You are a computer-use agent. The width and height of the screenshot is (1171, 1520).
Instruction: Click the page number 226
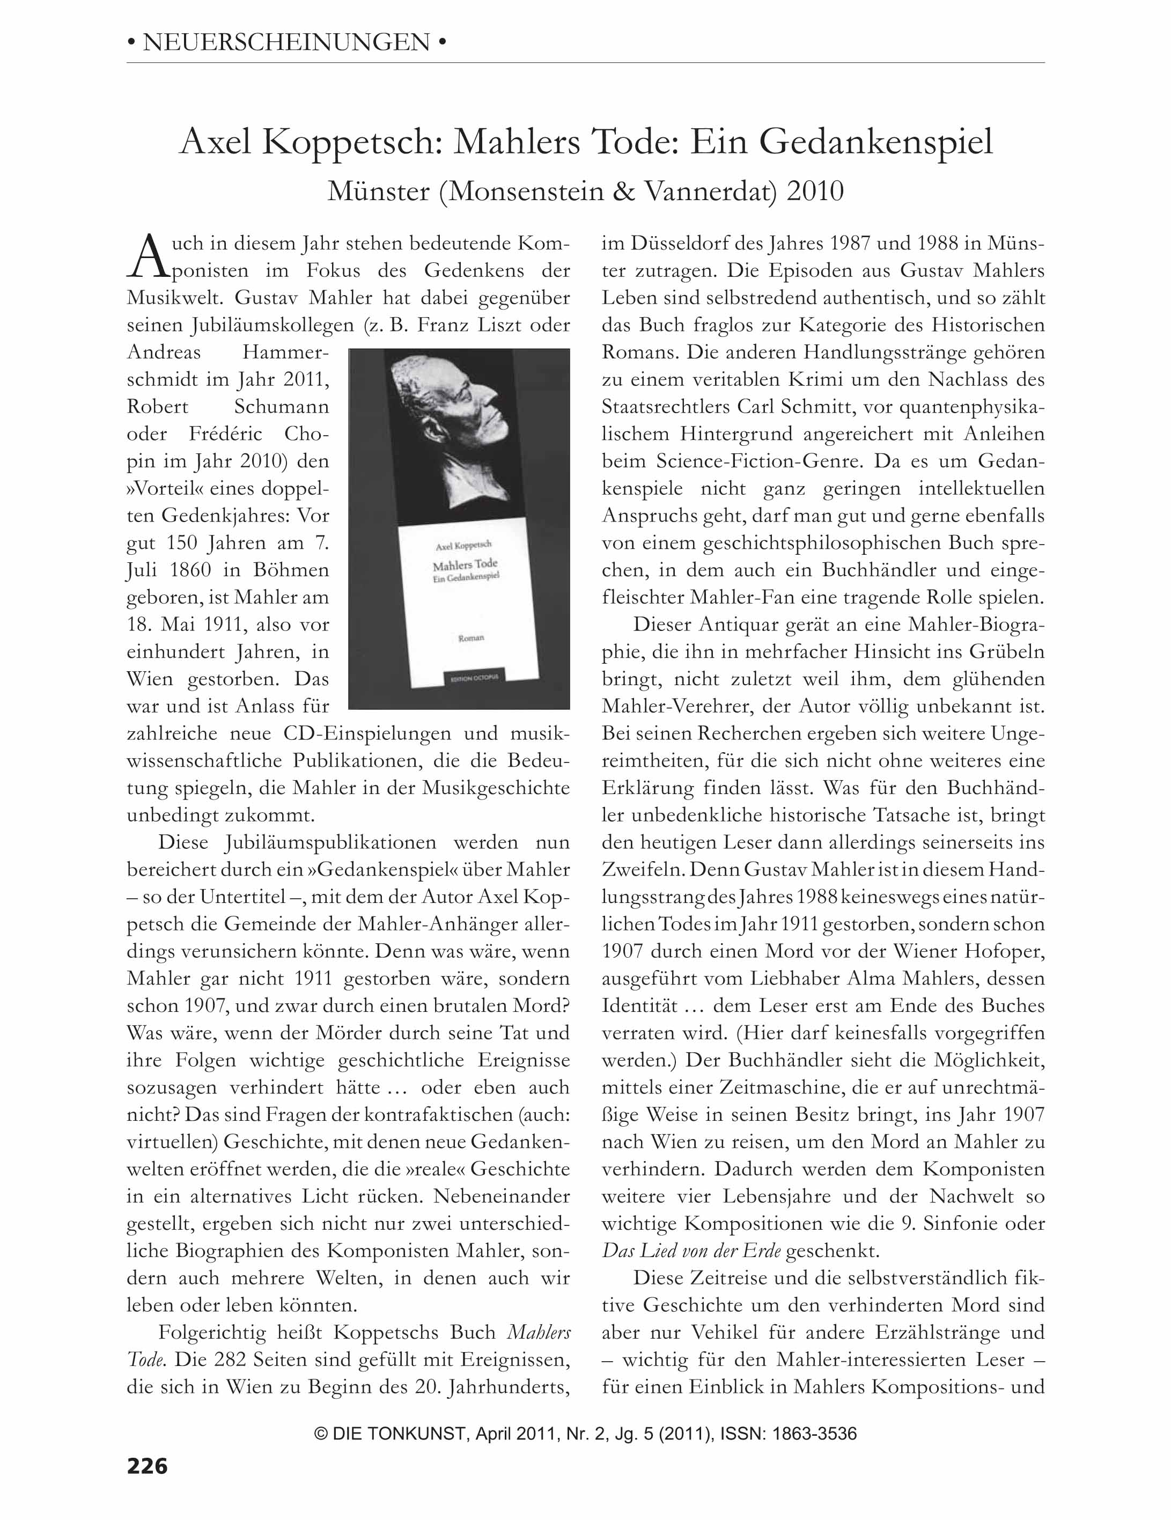(x=147, y=1466)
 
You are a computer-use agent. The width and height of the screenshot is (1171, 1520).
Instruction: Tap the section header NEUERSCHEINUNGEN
(x=286, y=43)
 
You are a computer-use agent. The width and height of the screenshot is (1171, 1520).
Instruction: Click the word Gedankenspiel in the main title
(x=876, y=142)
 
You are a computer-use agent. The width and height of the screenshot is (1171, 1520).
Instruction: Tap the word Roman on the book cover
(x=471, y=637)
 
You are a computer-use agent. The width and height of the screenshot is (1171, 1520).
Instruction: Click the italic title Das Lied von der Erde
(x=691, y=1251)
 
